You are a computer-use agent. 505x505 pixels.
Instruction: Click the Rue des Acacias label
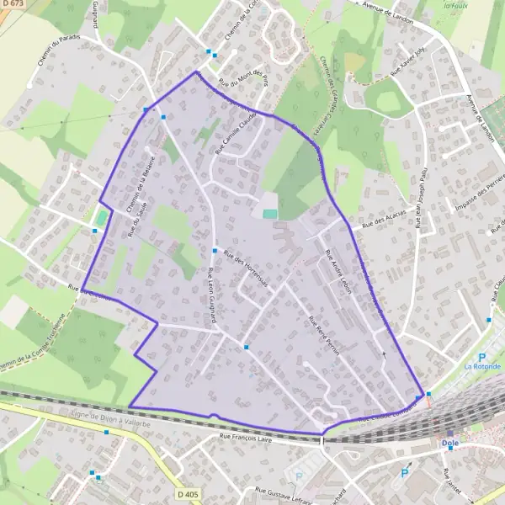pos(378,221)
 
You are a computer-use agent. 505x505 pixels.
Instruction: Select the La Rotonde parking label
pos(482,367)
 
